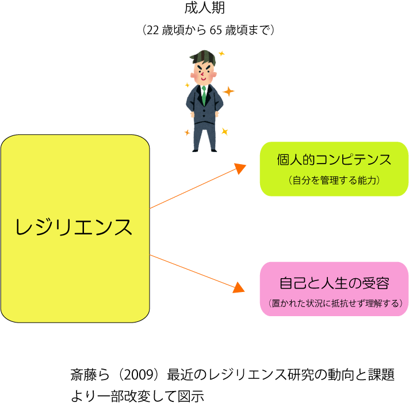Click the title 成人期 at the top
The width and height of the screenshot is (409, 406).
pos(205,8)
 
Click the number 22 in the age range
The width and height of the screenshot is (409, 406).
pos(152,31)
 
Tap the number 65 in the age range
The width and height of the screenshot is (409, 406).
pos(216,31)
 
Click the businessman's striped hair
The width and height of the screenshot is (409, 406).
pos(203,58)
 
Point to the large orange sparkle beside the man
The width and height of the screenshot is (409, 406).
pos(228,91)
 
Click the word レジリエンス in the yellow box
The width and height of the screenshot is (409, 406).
pos(74,227)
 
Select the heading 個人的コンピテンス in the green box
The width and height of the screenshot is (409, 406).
pos(334,160)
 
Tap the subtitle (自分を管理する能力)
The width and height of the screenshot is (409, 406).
pos(334,180)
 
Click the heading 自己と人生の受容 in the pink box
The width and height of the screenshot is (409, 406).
pos(334,283)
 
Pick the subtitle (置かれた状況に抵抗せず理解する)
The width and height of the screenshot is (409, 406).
pos(335,303)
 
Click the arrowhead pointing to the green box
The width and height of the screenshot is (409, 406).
pos(240,168)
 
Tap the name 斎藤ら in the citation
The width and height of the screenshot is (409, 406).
pos(90,375)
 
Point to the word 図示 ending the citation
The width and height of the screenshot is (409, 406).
pos(191,396)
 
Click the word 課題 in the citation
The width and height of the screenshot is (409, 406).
pos(381,375)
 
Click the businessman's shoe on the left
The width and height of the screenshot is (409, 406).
pos(196,150)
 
